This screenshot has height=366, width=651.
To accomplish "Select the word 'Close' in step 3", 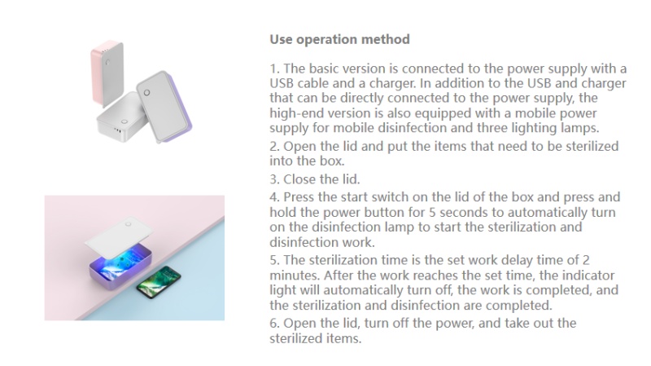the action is tap(299, 179).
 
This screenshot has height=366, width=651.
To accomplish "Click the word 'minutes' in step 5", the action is tap(295, 276).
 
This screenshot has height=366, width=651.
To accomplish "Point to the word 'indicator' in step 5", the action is tap(588, 276).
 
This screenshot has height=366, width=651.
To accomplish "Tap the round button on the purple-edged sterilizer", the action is tap(146, 92).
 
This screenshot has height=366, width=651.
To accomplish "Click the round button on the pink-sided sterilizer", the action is tap(108, 63).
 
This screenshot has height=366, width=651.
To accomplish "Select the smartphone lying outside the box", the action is tap(159, 282).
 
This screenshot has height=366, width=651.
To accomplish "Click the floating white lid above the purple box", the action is tap(119, 239).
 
